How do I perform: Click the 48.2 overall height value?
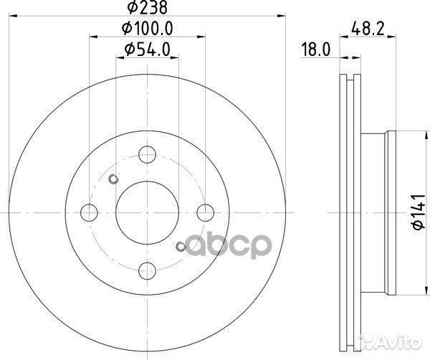click(366, 29)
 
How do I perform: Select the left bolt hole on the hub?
click(90, 212)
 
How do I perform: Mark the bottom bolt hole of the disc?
click(147, 270)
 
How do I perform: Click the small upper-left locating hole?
click(113, 180)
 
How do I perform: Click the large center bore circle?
click(147, 212)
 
